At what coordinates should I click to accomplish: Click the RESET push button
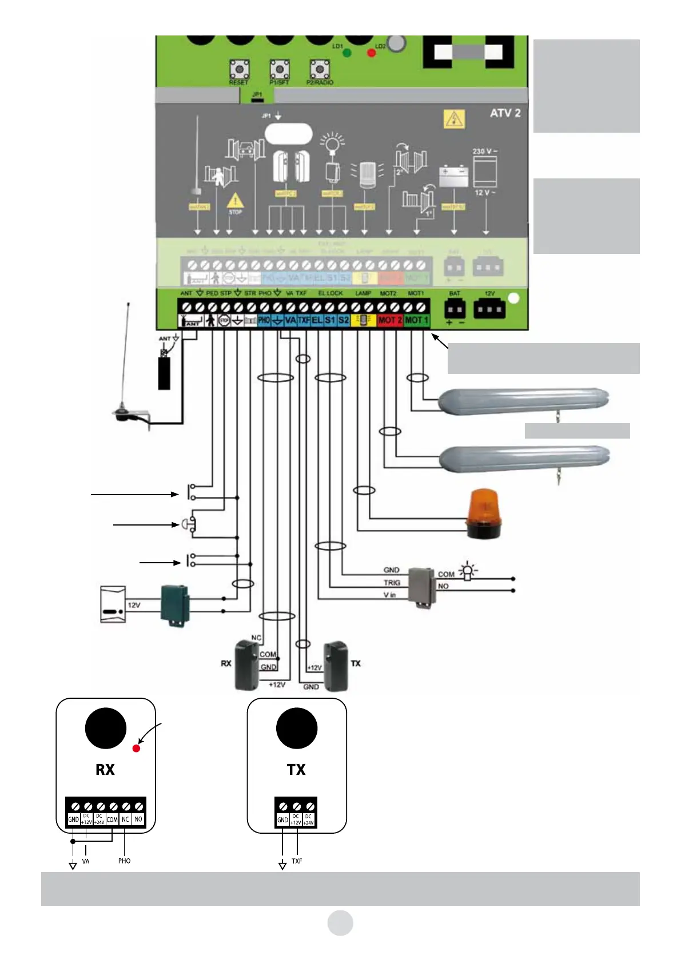(x=239, y=70)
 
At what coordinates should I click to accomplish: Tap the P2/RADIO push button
(x=319, y=70)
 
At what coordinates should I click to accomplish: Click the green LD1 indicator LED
(x=347, y=53)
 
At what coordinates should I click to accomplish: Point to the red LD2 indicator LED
(x=371, y=53)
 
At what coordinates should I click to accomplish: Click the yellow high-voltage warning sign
(x=454, y=119)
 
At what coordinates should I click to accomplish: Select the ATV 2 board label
(x=505, y=113)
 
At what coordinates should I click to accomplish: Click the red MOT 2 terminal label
(x=390, y=320)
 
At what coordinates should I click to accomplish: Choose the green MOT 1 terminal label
(x=416, y=320)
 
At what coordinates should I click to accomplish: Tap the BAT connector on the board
(x=455, y=310)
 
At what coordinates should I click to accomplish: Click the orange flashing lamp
(x=484, y=514)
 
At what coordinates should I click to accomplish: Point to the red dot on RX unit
(x=136, y=748)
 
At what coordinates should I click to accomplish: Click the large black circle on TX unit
(x=297, y=728)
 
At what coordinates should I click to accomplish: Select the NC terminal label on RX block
(x=125, y=819)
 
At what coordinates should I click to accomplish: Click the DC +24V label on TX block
(x=309, y=819)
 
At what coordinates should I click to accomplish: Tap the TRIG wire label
(x=392, y=583)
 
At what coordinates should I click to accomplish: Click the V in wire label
(x=389, y=595)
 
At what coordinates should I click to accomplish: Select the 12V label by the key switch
(x=134, y=605)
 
